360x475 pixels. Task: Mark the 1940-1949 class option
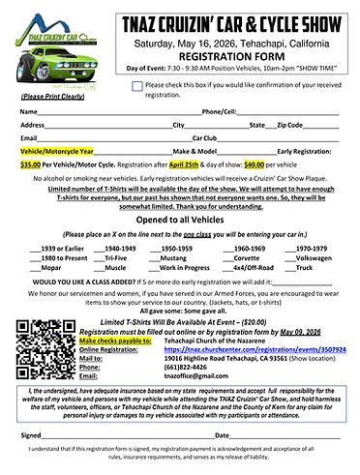(111, 249)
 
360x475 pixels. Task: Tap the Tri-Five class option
(111, 259)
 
